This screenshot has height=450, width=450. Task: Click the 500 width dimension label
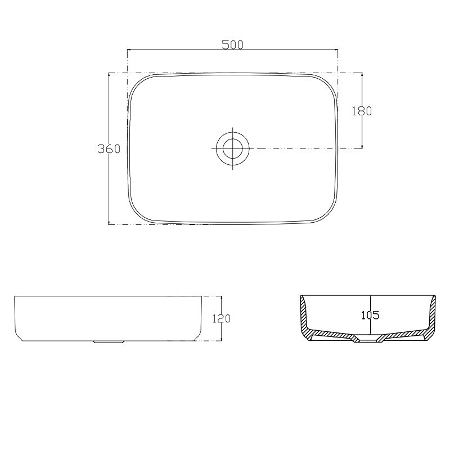pyautogui.click(x=233, y=44)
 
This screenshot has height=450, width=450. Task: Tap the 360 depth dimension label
pyautogui.click(x=109, y=148)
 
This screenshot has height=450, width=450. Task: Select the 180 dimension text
pyautogui.click(x=362, y=111)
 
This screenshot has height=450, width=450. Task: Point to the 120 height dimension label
pyautogui.click(x=221, y=318)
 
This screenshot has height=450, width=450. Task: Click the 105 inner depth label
pyautogui.click(x=370, y=315)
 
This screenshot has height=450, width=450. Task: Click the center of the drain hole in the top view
pyautogui.click(x=232, y=148)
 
